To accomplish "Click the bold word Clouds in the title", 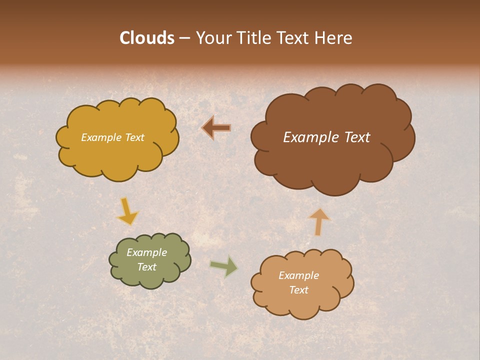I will click(147, 38).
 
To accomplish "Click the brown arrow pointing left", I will click(216, 128).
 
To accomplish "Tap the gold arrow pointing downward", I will click(127, 211).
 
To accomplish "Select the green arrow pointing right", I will click(224, 266).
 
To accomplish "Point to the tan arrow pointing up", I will click(319, 222).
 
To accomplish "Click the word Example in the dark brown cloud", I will click(307, 137).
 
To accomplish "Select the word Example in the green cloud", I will click(147, 252).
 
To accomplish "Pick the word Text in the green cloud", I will click(147, 267).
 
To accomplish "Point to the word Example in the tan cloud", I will click(298, 275).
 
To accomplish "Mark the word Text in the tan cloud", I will click(298, 290).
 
